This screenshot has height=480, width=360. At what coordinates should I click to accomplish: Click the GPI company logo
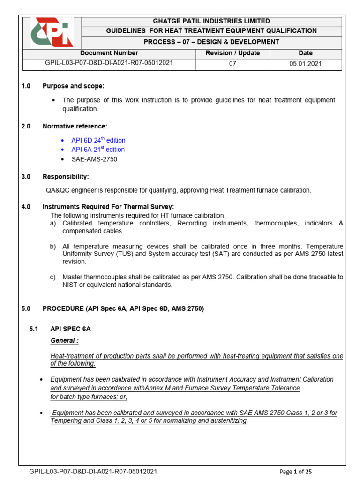(52, 33)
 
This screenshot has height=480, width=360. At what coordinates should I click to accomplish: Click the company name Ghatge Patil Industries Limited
(211, 21)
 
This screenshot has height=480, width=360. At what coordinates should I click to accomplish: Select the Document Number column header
(109, 53)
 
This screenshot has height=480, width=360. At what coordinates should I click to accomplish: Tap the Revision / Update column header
(232, 53)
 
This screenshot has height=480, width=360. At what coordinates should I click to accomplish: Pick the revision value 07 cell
(232, 64)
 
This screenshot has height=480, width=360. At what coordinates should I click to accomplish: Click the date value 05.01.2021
(305, 64)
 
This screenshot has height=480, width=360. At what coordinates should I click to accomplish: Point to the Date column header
(305, 53)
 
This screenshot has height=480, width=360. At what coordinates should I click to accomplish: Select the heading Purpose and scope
(74, 86)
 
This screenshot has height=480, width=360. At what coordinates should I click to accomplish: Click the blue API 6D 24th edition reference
(98, 140)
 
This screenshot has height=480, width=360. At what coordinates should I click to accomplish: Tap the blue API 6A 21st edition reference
(98, 150)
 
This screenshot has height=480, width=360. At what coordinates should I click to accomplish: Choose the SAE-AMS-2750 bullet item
(94, 159)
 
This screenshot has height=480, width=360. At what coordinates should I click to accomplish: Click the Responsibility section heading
(66, 177)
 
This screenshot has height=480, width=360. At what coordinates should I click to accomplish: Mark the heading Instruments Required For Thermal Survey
(108, 207)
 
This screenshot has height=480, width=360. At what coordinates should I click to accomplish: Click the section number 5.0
(26, 308)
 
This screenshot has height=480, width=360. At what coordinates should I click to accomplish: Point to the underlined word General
(64, 340)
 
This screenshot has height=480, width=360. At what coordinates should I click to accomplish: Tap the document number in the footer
(93, 472)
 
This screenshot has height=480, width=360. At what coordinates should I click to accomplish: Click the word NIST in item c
(70, 285)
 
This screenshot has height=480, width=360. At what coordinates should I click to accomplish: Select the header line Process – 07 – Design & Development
(211, 42)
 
